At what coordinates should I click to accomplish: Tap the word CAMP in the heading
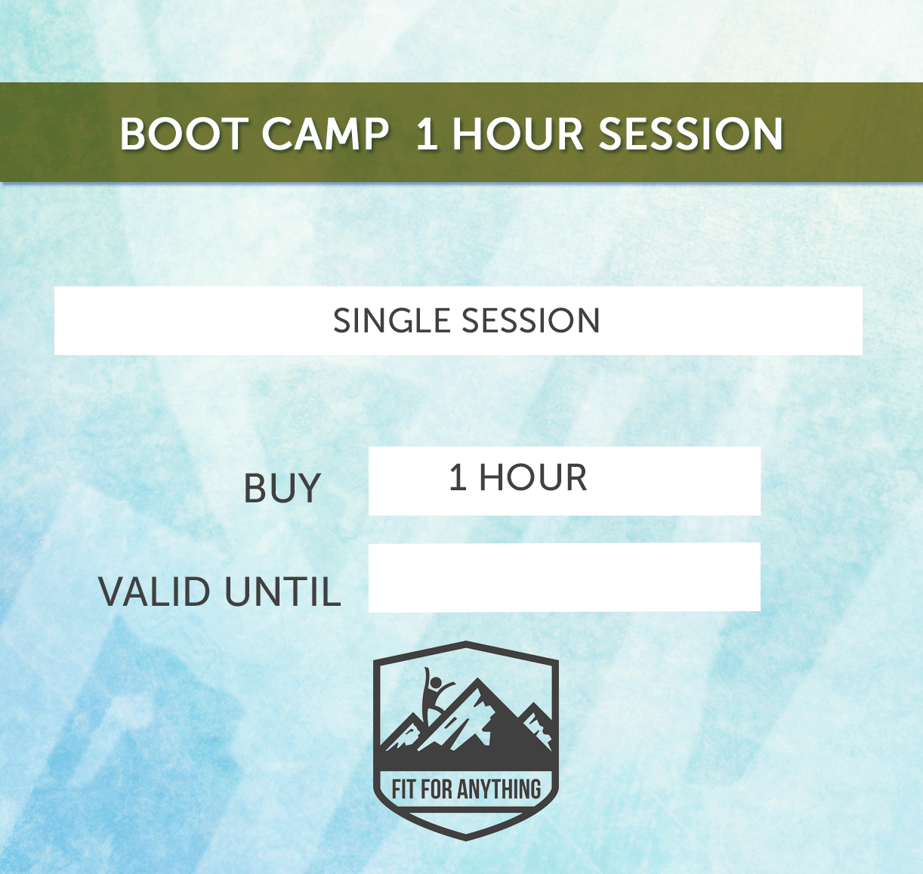coord(326,134)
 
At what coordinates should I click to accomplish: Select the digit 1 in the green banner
coord(427,134)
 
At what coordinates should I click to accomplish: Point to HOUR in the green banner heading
coord(517,134)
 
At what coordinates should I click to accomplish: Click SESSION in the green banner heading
coord(691,134)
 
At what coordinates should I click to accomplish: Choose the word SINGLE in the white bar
coord(392,321)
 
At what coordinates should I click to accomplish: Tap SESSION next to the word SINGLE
coord(531,321)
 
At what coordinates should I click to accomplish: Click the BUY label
coord(282,489)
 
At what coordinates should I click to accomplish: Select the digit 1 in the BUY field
coord(458,478)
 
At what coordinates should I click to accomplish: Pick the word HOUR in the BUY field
coord(533,478)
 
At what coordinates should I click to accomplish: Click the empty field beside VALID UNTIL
coord(564,577)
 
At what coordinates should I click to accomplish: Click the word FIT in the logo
coord(403,790)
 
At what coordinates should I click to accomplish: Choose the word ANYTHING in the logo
coord(499,790)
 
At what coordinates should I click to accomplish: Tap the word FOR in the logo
coord(437,790)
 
